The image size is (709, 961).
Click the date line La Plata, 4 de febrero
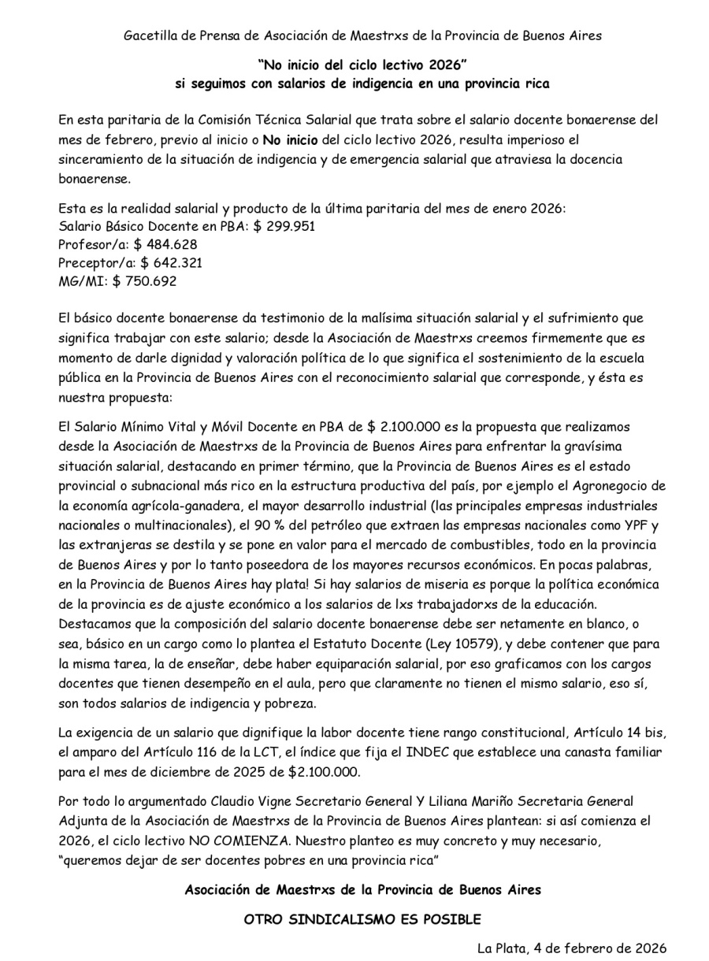pyautogui.click(x=572, y=948)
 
